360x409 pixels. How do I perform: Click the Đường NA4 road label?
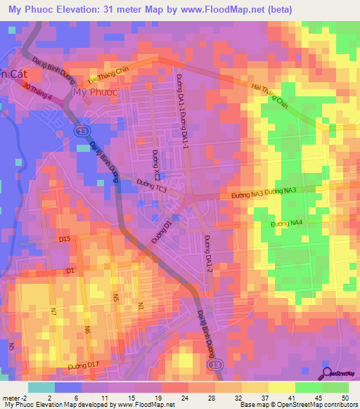(287, 223)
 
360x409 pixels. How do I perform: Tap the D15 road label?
(65, 240)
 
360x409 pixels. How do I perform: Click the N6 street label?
(88, 330)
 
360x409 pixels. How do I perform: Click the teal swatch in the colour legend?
(41, 387)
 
